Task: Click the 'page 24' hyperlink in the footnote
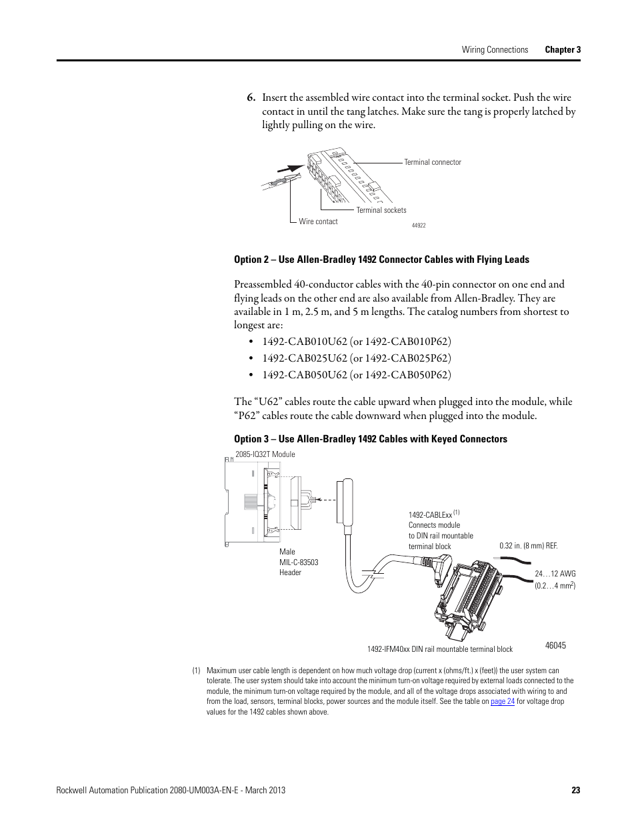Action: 502,701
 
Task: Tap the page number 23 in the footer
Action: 575,790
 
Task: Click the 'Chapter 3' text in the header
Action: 563,49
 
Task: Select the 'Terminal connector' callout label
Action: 432,162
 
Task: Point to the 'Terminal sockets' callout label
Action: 381,210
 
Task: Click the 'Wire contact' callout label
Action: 318,222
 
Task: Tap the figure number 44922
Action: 419,226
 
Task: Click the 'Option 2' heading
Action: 381,260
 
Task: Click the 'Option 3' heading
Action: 370,439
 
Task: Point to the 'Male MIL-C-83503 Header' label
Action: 299,562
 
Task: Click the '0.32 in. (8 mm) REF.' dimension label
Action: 528,546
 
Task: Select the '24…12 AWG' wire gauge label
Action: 555,574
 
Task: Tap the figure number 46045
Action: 555,646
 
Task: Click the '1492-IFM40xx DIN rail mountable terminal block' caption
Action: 439,649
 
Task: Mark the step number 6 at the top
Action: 251,97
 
